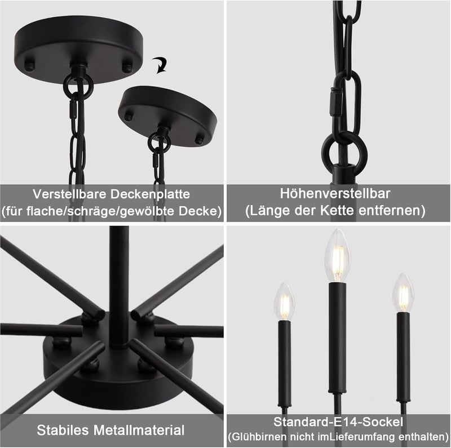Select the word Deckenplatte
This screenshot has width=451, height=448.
[150, 194]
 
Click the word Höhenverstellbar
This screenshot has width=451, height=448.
[335, 193]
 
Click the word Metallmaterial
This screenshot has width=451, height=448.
[139, 430]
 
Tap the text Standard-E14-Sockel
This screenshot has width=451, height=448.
[338, 422]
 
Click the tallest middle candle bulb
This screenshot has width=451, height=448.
[337, 255]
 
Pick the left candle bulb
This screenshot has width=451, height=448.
[285, 301]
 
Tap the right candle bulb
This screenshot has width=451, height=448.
[403, 292]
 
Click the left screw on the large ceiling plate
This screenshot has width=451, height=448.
[29, 65]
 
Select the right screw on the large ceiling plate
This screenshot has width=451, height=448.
[127, 66]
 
